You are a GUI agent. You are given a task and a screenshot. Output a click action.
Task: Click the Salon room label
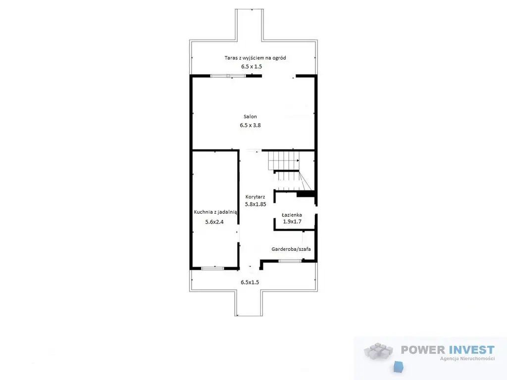[250, 117]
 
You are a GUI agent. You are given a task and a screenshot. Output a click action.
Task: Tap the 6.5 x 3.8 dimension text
[250, 125]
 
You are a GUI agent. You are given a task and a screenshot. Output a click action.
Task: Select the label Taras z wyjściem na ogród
[255, 58]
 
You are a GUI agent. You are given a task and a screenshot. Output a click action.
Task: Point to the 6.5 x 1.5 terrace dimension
[252, 67]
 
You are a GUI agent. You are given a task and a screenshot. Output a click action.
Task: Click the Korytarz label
[255, 197]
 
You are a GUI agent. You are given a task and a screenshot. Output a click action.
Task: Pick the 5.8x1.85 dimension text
[255, 204]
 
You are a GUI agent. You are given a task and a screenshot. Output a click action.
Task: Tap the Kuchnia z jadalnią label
[215, 212]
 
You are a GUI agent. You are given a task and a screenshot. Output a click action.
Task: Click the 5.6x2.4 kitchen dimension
[214, 222]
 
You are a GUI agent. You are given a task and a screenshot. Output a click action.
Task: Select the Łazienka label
[292, 215]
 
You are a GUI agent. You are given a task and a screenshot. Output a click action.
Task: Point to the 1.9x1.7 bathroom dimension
[292, 222]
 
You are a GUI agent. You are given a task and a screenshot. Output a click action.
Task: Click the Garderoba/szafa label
[291, 249]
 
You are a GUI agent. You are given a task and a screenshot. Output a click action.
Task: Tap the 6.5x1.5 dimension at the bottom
[250, 282]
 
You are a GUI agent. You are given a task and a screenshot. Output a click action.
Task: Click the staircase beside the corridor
[289, 171]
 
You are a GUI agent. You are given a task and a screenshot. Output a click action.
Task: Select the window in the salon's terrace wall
[228, 76]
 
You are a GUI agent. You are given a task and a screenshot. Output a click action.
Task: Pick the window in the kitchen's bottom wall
[212, 268]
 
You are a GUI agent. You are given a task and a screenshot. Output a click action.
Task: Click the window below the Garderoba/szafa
[290, 261]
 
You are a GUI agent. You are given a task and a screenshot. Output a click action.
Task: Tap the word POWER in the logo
[423, 350]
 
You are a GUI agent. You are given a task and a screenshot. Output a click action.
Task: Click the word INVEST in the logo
[471, 350]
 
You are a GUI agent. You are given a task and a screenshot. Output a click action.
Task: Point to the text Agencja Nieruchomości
[467, 358]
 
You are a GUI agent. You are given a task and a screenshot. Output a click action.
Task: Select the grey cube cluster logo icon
[378, 351]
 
